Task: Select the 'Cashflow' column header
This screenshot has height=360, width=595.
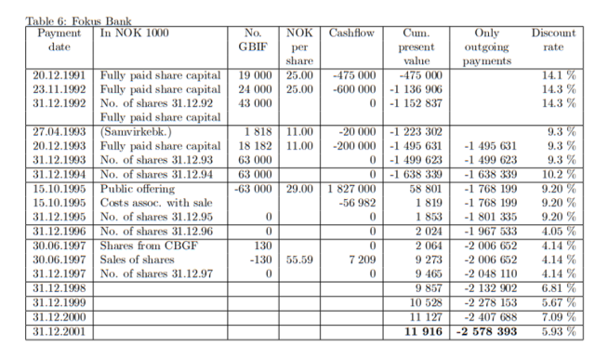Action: point(350,33)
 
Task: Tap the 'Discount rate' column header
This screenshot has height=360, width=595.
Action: point(553,39)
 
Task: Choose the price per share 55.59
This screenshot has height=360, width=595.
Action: point(298,260)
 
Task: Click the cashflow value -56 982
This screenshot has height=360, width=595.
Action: point(358,202)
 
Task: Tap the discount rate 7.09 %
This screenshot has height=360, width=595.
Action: point(557,316)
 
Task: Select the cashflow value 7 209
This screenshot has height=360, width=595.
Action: point(360,260)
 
